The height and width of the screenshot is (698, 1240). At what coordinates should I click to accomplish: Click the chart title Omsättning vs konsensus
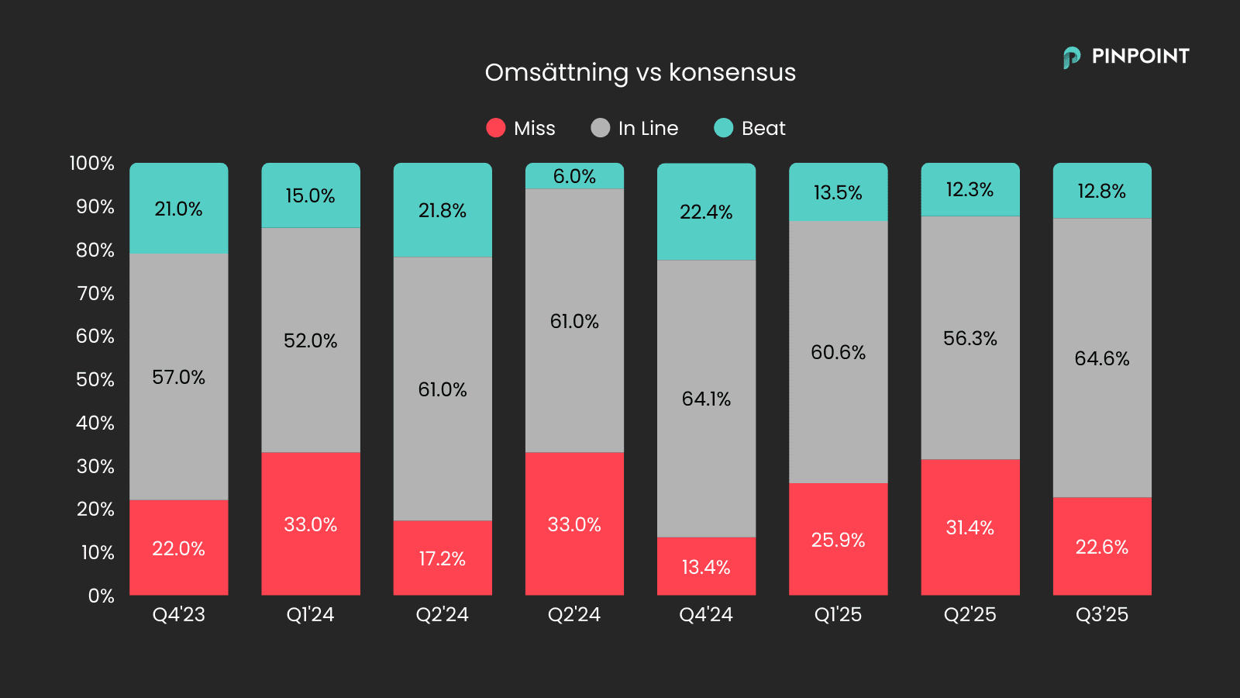pyautogui.click(x=640, y=72)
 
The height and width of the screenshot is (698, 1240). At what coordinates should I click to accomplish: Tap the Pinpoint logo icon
pyautogui.click(x=1072, y=57)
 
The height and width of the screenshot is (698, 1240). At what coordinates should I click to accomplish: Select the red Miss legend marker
pyautogui.click(x=496, y=128)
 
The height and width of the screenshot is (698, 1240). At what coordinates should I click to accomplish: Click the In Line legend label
pyautogui.click(x=648, y=128)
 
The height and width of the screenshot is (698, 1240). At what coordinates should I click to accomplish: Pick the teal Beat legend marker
pyautogui.click(x=723, y=128)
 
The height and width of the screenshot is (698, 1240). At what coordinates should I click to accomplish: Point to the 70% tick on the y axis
pyautogui.click(x=95, y=293)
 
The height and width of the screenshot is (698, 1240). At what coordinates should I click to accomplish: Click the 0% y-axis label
pyautogui.click(x=101, y=596)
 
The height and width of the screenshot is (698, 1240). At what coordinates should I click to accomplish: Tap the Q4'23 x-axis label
pyautogui.click(x=179, y=614)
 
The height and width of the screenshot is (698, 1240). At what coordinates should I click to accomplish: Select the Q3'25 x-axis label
pyautogui.click(x=1102, y=614)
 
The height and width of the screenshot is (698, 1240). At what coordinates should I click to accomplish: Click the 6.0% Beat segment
pyautogui.click(x=574, y=176)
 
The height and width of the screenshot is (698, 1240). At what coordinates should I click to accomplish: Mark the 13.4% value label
pyautogui.click(x=706, y=567)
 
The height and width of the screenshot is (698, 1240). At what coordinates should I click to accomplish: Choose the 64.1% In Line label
pyautogui.click(x=706, y=399)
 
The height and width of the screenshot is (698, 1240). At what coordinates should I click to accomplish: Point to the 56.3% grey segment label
pyautogui.click(x=970, y=338)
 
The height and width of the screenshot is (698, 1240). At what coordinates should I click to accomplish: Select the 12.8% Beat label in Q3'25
pyautogui.click(x=1102, y=191)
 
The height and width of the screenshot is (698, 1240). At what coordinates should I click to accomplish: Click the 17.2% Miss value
pyautogui.click(x=443, y=558)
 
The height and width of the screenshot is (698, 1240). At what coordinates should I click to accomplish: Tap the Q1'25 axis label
pyautogui.click(x=839, y=614)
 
